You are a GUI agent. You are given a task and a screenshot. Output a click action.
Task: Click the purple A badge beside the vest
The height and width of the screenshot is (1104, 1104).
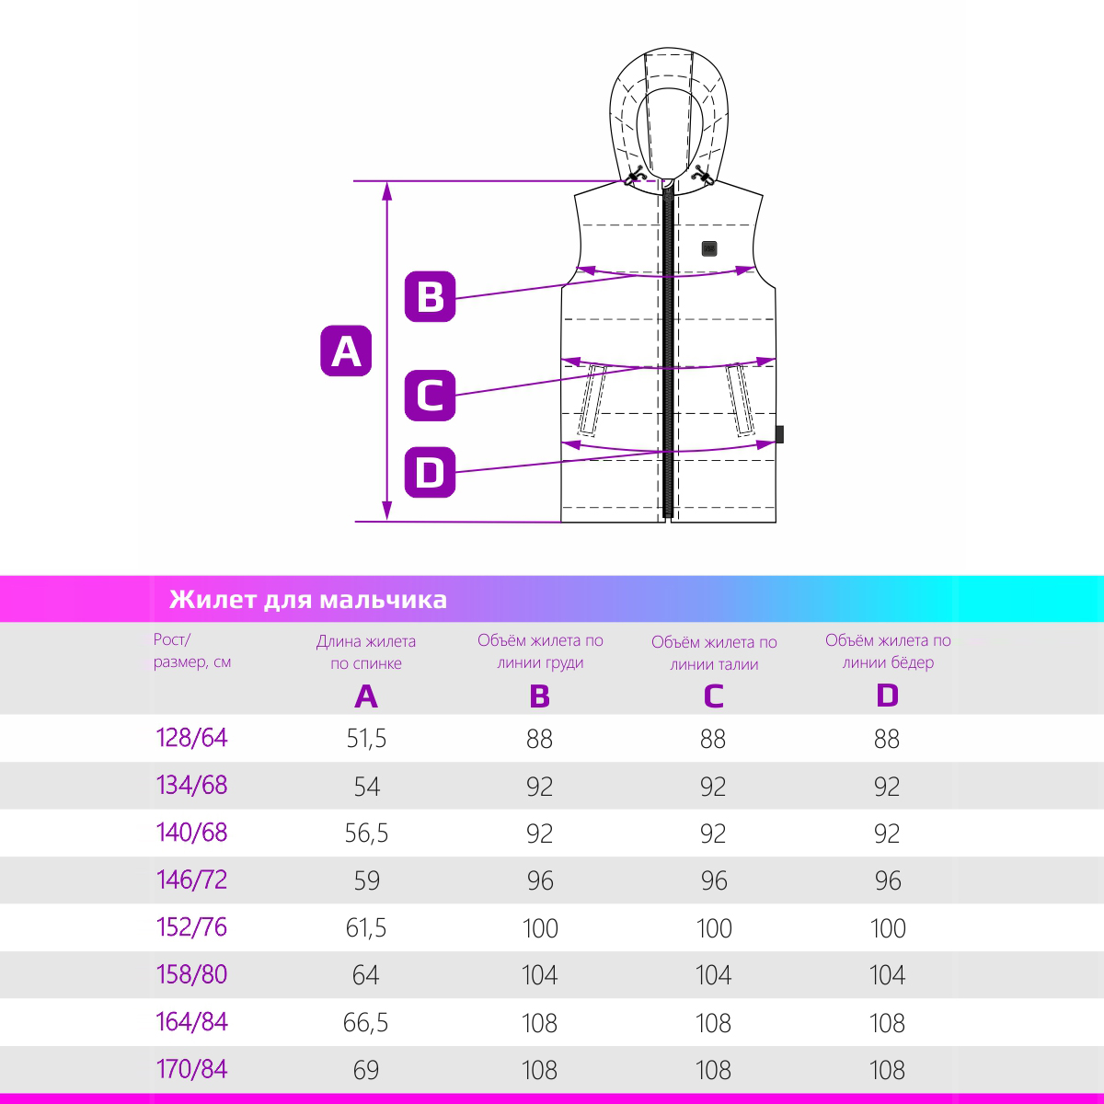point(346,351)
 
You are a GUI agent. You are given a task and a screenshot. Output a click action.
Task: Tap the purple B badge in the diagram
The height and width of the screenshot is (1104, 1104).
point(430,296)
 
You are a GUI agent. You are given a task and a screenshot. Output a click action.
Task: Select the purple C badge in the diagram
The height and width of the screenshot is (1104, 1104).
point(430,396)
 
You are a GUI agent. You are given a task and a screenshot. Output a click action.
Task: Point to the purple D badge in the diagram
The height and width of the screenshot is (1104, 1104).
point(430,472)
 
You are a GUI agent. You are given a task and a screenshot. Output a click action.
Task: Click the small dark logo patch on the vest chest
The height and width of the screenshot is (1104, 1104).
point(709,248)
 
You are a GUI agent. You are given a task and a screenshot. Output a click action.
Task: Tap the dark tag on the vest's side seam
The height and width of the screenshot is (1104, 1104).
point(779,434)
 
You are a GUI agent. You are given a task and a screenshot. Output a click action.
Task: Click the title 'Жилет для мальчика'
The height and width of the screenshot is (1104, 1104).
point(308,599)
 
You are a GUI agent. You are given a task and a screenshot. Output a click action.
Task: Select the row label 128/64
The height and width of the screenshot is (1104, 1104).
point(192,737)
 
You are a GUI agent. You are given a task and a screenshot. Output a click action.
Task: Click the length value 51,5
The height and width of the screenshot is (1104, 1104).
point(366,739)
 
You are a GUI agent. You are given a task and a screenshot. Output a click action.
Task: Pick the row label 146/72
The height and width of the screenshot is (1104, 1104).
point(192,880)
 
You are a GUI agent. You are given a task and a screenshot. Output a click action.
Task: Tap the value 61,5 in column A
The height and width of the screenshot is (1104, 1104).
point(366,927)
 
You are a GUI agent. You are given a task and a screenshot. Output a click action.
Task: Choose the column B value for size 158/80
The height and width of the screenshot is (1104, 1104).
point(540,974)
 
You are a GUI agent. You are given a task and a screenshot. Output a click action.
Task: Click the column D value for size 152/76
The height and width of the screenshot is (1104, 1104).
point(888,927)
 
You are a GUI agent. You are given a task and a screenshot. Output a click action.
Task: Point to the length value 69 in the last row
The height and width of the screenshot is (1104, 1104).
point(366,1070)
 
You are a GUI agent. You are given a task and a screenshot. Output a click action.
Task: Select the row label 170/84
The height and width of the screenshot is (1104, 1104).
point(192,1069)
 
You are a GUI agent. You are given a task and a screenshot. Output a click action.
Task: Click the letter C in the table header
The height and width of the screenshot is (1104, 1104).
point(713,696)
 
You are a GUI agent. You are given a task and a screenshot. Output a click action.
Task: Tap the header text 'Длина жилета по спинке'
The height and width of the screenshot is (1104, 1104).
point(366,652)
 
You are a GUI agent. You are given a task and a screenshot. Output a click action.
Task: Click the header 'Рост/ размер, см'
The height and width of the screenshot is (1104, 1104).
point(192,650)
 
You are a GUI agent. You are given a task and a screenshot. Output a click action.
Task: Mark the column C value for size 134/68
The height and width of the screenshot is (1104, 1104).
point(713,786)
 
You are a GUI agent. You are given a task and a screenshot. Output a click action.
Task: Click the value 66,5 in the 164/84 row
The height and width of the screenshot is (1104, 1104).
point(366,1022)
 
